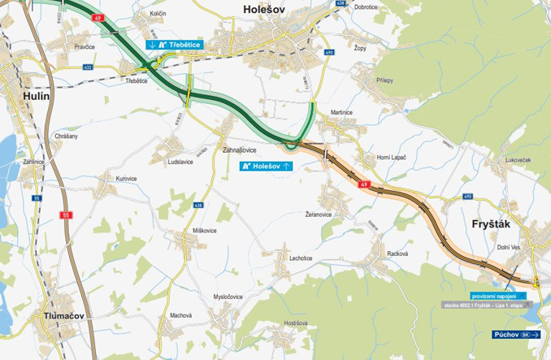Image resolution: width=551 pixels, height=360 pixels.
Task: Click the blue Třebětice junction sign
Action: [174, 44]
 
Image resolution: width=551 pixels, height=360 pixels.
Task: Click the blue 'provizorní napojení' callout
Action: [498, 296]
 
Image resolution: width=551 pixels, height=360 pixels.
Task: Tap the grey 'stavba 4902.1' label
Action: [484, 306]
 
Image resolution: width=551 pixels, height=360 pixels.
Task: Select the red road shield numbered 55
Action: [66, 215]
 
